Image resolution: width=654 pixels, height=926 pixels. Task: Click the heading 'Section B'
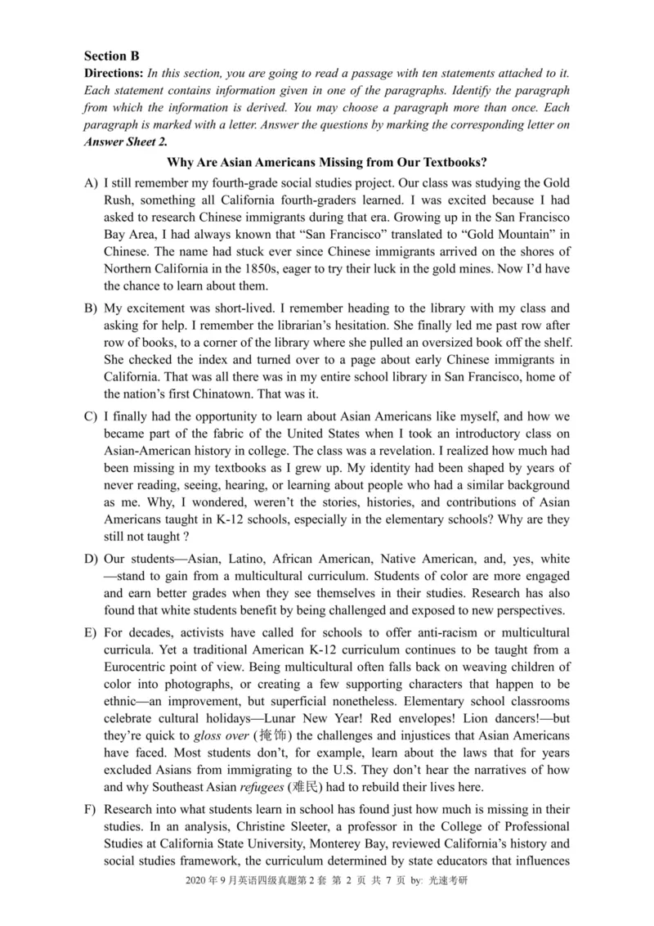click(112, 56)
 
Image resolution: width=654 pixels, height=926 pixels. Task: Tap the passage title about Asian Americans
click(327, 162)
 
